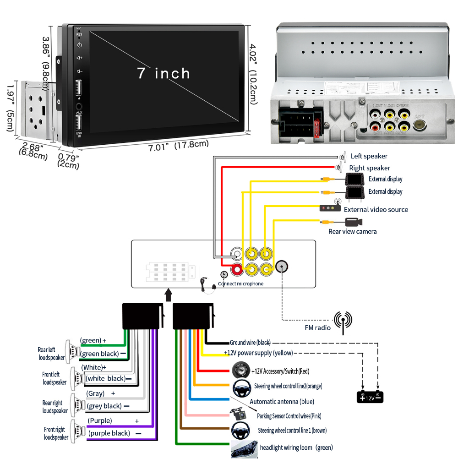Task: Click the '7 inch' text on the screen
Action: pos(164,73)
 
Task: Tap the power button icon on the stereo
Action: pos(79,45)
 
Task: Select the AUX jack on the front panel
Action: pos(79,106)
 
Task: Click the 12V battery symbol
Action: pos(370,397)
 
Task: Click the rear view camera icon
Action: pos(353,222)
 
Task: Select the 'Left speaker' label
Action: pos(369,156)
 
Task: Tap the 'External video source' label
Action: pos(376,210)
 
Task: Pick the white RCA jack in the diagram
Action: pos(236,253)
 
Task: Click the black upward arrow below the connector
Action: pos(168,294)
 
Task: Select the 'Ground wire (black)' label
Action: pos(250,343)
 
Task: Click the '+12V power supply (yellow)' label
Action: pos(258,353)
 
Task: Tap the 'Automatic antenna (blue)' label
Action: pos(282,402)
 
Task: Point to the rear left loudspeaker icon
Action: pos(72,351)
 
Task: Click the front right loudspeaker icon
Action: pos(77,431)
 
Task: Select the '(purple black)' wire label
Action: pos(109,433)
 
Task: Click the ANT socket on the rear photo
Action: pos(420,124)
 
